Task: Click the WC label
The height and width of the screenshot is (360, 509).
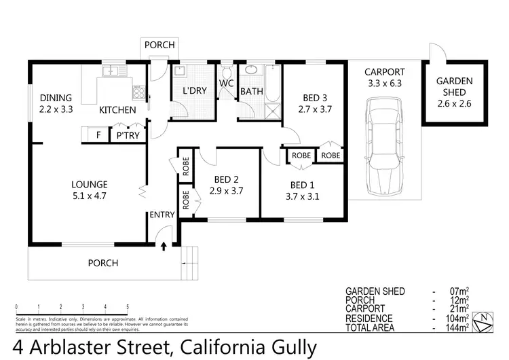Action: pyautogui.click(x=225, y=84)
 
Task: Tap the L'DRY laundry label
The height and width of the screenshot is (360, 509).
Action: pyautogui.click(x=194, y=91)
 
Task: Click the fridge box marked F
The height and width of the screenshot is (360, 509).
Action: pyautogui.click(x=98, y=134)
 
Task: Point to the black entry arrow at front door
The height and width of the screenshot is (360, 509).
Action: pyautogui.click(x=163, y=245)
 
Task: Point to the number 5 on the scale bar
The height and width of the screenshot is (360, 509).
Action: pyautogui.click(x=128, y=306)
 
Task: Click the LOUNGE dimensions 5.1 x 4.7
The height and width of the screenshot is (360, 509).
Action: pyautogui.click(x=90, y=196)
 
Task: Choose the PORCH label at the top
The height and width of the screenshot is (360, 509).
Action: pyautogui.click(x=160, y=45)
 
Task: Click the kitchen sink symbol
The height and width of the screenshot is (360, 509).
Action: pyautogui.click(x=111, y=71)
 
